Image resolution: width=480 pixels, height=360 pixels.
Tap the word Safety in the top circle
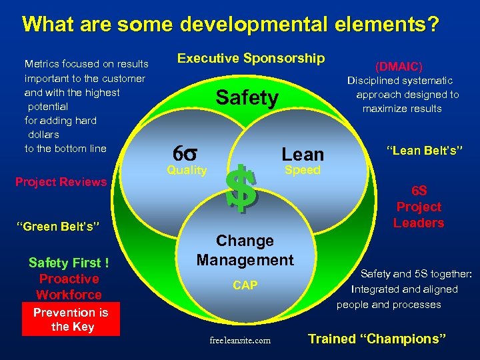pyautogui.click(x=247, y=99)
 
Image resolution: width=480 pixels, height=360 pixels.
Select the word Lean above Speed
pyautogui.click(x=302, y=154)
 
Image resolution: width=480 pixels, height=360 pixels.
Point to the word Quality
pyautogui.click(x=187, y=170)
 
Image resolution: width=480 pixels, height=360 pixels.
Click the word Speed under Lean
pyautogui.click(x=302, y=170)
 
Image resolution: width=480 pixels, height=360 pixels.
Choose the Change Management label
pyautogui.click(x=245, y=250)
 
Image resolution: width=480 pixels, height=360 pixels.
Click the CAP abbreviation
pyautogui.click(x=245, y=285)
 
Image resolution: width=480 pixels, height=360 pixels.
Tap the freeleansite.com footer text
pyautogui.click(x=240, y=340)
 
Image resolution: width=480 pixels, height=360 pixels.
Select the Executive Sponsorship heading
pyautogui.click(x=250, y=59)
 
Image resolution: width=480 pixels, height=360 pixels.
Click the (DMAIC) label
pyautogui.click(x=399, y=67)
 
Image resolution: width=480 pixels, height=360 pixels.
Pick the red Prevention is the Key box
pyautogui.click(x=71, y=319)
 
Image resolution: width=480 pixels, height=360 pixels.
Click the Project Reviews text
pyautogui.click(x=61, y=182)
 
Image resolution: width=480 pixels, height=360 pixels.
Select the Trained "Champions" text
pyautogui.click(x=377, y=339)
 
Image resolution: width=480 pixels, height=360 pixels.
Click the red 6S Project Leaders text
pyautogui.click(x=418, y=207)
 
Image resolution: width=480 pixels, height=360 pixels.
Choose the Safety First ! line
pyautogui.click(x=69, y=263)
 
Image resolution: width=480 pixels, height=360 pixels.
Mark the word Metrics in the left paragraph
pyautogui.click(x=43, y=64)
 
